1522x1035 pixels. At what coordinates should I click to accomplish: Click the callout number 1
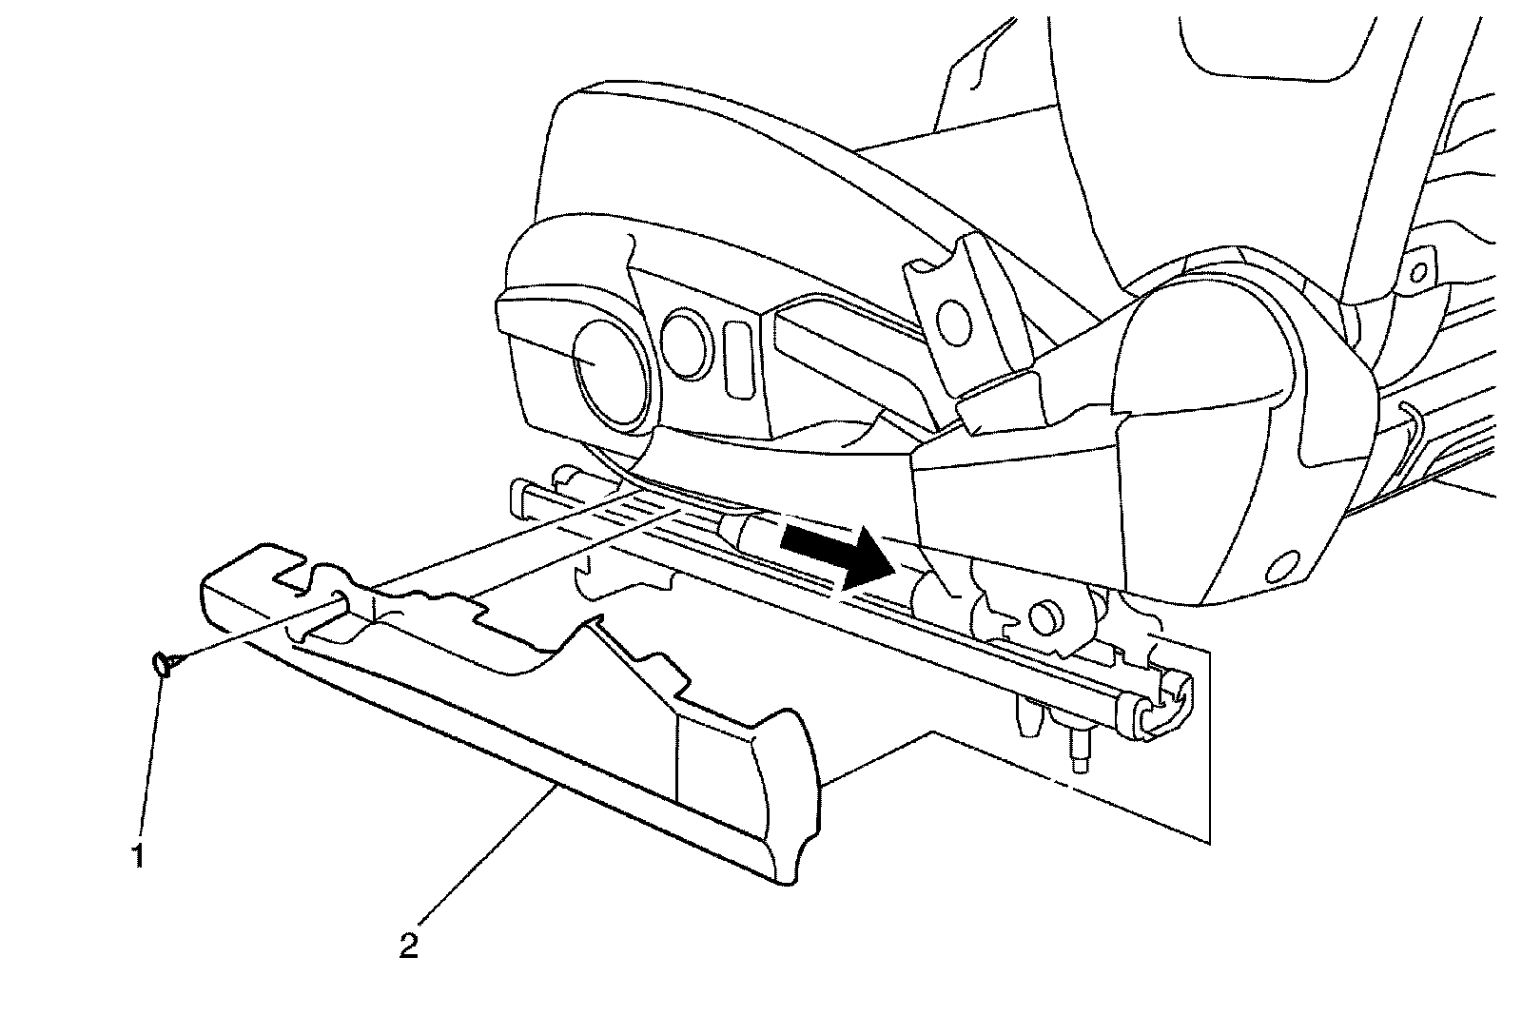coord(139,855)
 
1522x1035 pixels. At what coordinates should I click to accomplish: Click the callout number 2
coord(408,945)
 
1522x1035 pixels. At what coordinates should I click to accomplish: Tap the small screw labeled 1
coord(163,663)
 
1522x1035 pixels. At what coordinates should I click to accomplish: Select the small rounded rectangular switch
coord(736,358)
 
